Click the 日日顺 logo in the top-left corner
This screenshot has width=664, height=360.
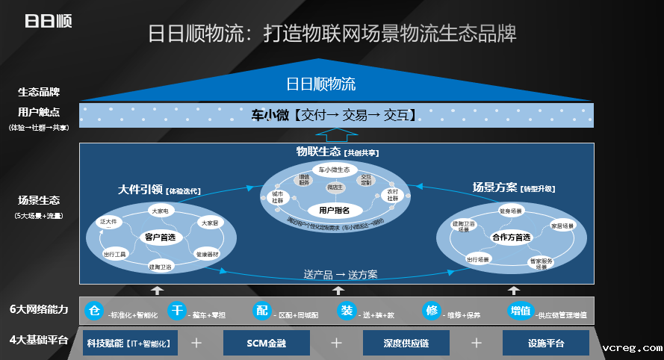pos(48,21)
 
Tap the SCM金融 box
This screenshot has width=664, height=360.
pos(267,343)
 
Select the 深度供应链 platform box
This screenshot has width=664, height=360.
pos(406,343)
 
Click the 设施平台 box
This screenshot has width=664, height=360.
pos(545,343)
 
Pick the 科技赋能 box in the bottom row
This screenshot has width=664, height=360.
pos(128,343)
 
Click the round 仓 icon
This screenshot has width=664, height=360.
pos(94,311)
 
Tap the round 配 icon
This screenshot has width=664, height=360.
pos(261,311)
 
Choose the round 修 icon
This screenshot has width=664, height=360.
pos(431,311)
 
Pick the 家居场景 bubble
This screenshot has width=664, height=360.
pos(562,225)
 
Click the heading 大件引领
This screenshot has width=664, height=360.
pos(140,189)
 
